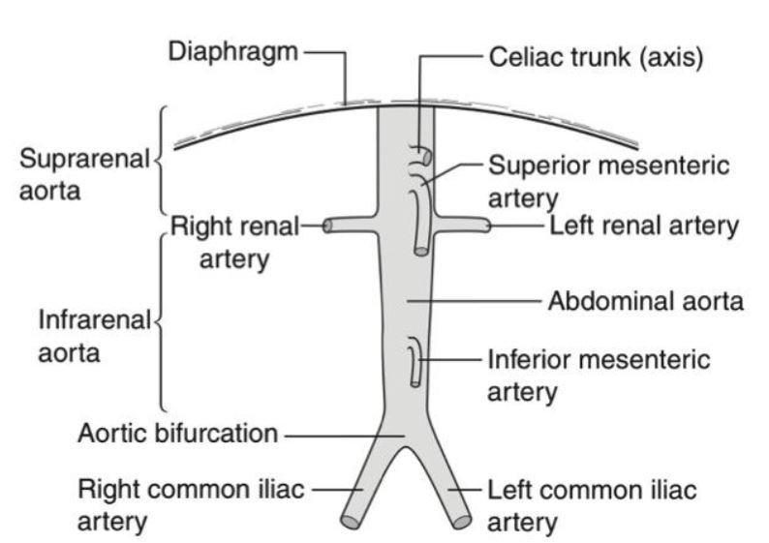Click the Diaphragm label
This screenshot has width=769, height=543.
coord(233,51)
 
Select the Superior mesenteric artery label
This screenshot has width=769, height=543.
coord(608,181)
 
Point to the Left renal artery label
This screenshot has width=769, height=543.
coord(644,226)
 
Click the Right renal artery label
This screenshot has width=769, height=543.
coord(232,242)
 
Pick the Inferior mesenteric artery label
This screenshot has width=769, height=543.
coord(599,375)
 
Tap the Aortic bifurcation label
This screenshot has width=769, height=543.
coord(177,434)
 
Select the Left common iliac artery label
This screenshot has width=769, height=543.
coord(592,505)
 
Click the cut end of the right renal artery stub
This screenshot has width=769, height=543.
coord(328,226)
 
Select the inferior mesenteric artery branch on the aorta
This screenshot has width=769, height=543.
coord(415,363)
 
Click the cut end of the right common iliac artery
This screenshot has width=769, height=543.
coord(350,521)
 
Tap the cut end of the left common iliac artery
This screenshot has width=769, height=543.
coord(462,521)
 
